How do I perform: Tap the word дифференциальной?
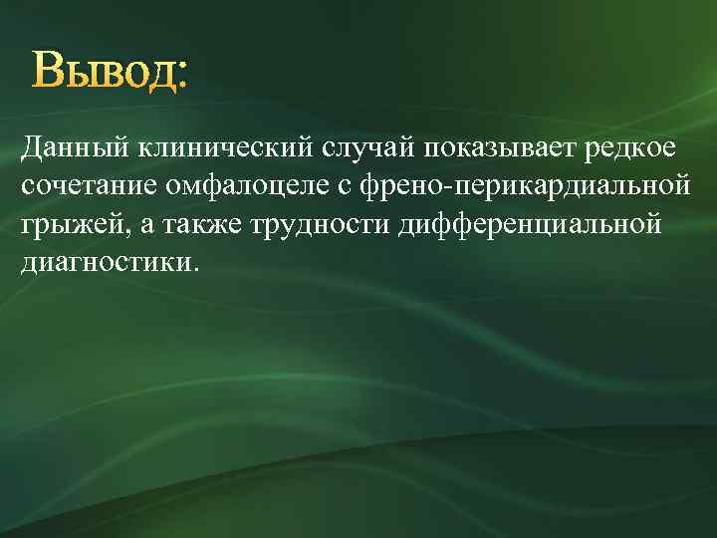tap(529, 224)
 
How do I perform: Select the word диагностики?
tap(106, 263)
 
